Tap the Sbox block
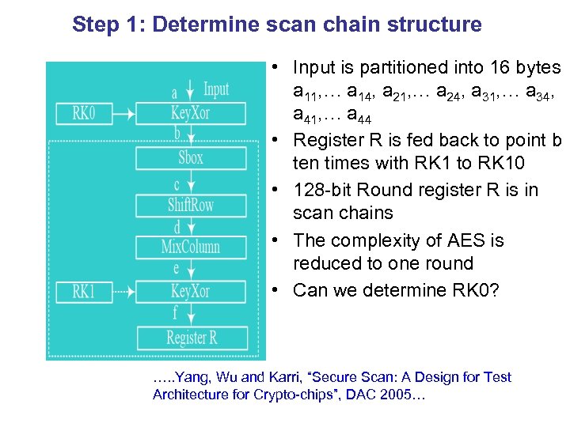click(x=190, y=158)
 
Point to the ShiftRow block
click(x=190, y=204)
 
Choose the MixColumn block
click(x=190, y=247)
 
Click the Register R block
click(x=191, y=338)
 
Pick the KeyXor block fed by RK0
click(x=190, y=113)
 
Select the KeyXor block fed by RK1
click(x=190, y=292)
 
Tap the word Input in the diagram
click(x=216, y=89)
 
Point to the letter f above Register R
click(x=175, y=313)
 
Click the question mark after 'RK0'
click(x=495, y=290)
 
